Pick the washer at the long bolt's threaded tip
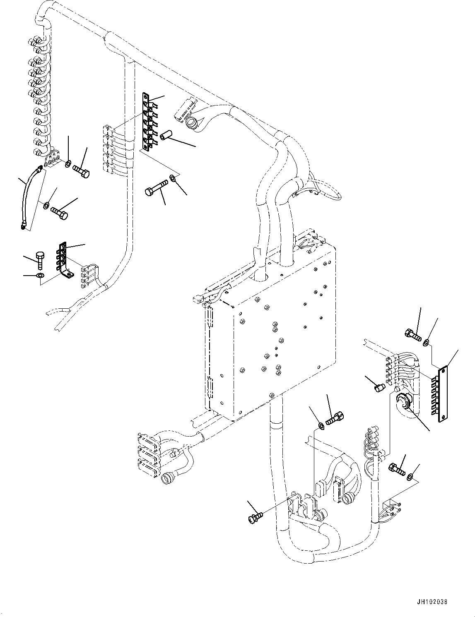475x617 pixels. point(174,179)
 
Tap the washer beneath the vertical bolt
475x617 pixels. point(40,276)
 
